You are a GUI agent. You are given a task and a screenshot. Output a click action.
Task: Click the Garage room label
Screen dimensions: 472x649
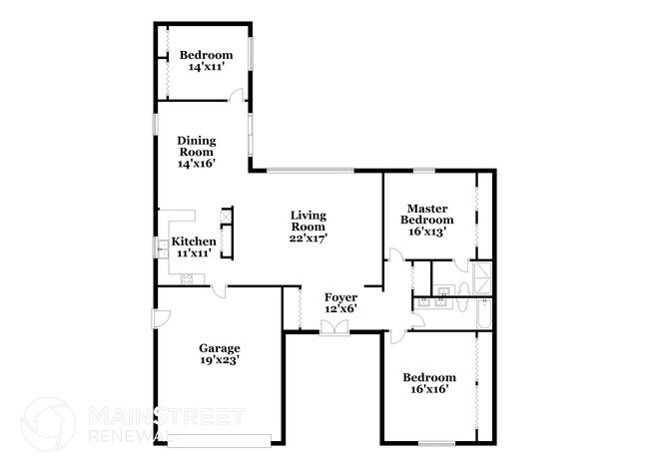[218, 348]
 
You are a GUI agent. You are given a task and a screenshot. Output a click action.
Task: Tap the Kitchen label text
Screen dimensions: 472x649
[193, 241]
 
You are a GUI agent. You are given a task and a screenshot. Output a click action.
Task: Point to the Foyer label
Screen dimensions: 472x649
[340, 296]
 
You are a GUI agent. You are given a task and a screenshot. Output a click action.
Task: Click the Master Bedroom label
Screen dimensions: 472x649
[426, 214]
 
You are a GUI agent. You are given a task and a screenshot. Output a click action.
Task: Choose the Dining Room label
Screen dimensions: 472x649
[197, 147]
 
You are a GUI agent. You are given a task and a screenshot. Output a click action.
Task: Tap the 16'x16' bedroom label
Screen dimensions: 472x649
[429, 389]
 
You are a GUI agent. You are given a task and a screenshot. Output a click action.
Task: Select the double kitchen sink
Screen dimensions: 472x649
[160, 246]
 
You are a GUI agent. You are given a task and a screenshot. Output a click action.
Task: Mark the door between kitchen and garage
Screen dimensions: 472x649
[218, 290]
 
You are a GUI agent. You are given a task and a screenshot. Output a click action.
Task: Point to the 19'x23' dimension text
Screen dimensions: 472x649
[218, 360]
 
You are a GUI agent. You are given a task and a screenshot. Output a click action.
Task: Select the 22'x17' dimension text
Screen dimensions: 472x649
[309, 237]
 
